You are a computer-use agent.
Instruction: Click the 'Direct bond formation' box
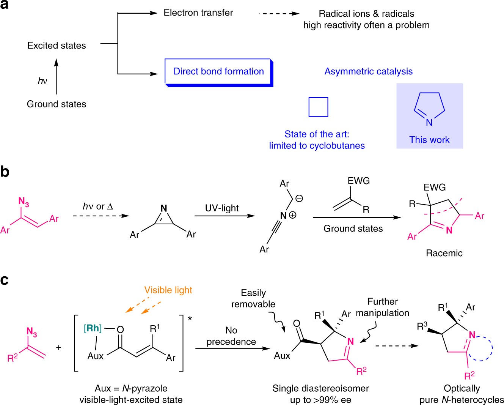coord(218,72)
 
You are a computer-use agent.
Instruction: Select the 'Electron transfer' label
coord(198,13)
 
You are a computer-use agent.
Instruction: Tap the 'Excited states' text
coord(57,46)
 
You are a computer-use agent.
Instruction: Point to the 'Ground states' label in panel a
coord(57,104)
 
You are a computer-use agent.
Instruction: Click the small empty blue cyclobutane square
coord(318,107)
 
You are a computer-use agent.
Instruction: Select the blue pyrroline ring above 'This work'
coord(429,107)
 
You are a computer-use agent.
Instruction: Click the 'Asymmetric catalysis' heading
coord(368,71)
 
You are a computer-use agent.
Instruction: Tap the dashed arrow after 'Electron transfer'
coord(279,14)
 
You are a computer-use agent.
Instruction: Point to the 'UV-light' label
coord(222,208)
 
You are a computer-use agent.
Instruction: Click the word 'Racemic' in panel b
coord(444,253)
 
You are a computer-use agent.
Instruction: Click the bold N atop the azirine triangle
coord(164,208)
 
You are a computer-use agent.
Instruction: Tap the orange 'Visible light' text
coord(168,290)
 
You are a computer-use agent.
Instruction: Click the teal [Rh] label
coord(93,328)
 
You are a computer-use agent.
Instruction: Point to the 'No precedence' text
coord(231,336)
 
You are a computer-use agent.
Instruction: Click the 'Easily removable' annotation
coord(253,298)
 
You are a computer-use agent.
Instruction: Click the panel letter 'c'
coord(5,280)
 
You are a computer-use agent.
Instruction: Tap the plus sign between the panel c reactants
coord(58,347)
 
